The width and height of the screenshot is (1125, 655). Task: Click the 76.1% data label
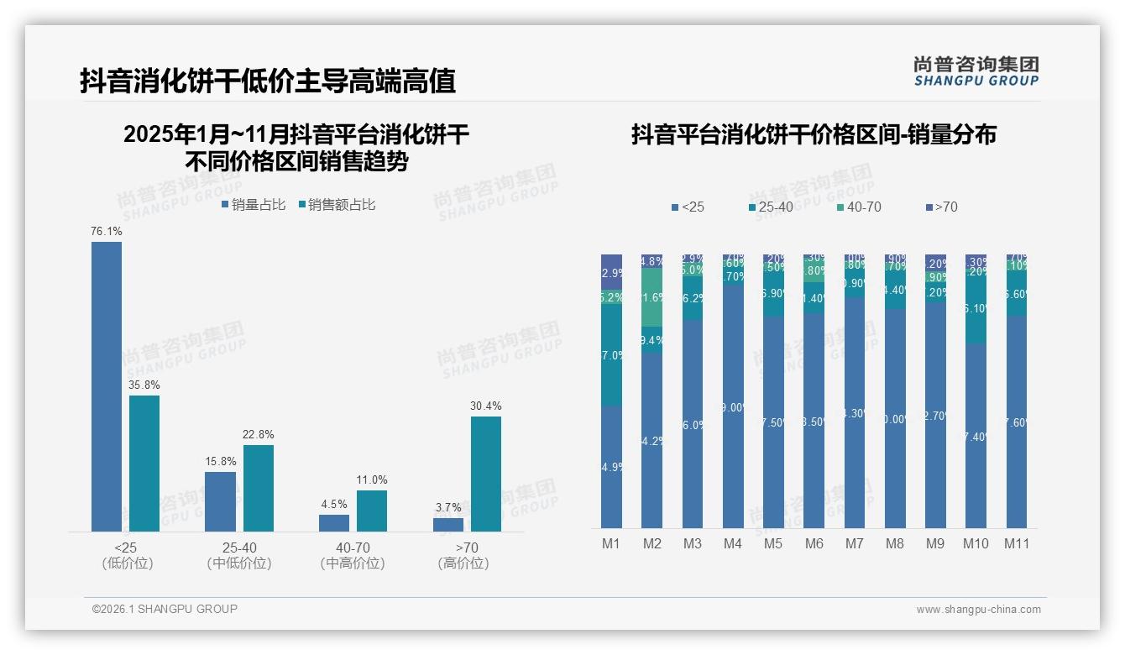tap(107, 231)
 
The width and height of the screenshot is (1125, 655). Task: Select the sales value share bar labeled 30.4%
tap(485, 474)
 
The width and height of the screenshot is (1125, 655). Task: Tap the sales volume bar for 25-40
tap(220, 501)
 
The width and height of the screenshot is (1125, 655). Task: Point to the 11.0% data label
tap(371, 479)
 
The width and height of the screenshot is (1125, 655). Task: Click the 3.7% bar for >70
tap(448, 524)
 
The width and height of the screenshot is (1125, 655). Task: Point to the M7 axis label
tap(854, 543)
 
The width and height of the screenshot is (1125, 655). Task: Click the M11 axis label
tap(1017, 543)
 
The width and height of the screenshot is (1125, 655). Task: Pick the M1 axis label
tap(611, 543)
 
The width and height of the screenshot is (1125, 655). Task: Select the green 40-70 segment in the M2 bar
tap(652, 297)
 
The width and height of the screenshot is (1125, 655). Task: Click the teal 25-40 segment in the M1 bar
tap(611, 355)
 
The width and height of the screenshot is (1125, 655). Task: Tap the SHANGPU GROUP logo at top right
tap(976, 71)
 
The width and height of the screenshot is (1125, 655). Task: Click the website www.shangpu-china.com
tap(978, 610)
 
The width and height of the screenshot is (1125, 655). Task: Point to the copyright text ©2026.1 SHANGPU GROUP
tap(165, 609)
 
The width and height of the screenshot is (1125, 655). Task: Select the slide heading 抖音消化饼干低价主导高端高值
tap(268, 81)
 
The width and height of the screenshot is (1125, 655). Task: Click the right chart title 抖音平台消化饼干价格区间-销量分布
tap(814, 134)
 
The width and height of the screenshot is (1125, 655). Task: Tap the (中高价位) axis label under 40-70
tap(353, 563)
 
